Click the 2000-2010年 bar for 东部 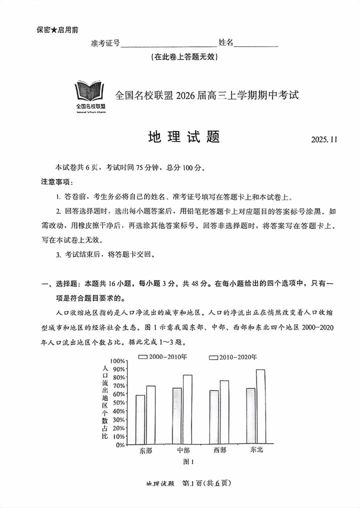point(140,419)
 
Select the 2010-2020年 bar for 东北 point(260,406)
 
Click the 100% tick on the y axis point(116,361)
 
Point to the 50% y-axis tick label point(117,402)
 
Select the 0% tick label point(119,444)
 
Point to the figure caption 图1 point(188,461)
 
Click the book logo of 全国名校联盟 point(90,92)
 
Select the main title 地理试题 point(184,137)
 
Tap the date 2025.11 point(324,140)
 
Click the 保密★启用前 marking point(57,30)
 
